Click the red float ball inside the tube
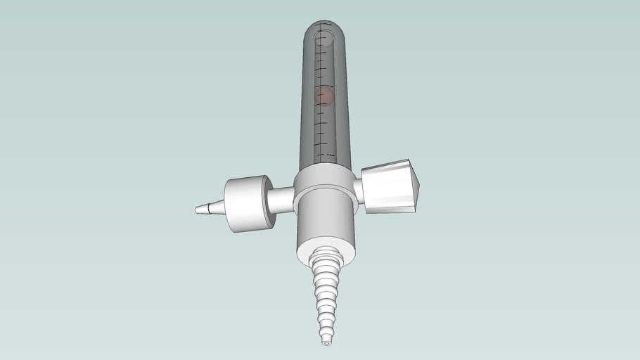pyautogui.click(x=324, y=96)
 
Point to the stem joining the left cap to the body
pyautogui.click(x=281, y=200)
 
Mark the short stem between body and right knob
pyautogui.click(x=358, y=191)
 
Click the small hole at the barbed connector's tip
pyautogui.click(x=326, y=345)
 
